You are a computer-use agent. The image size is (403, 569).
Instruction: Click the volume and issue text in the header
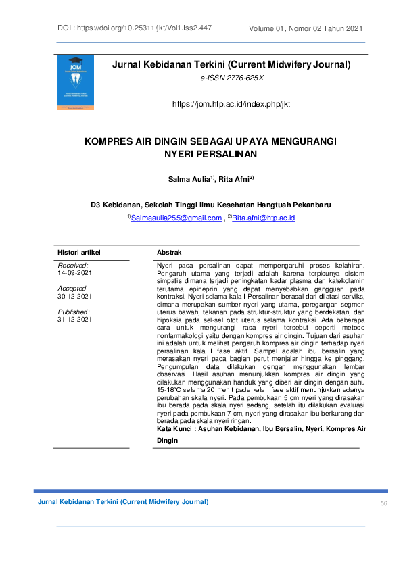point(306,28)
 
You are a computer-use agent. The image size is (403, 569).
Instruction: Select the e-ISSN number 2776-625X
point(232,79)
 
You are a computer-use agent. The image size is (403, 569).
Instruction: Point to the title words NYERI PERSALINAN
point(212,155)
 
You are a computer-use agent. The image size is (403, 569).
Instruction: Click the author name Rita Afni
point(235,179)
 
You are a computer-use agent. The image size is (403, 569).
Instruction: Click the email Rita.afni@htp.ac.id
point(263,218)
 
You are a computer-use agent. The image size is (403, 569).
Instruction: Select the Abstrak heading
point(168,251)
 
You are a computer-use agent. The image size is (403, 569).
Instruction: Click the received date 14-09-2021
point(75,273)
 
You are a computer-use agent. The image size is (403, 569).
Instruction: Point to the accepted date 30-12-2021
point(75,296)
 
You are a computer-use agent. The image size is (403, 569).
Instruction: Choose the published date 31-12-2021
point(75,319)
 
